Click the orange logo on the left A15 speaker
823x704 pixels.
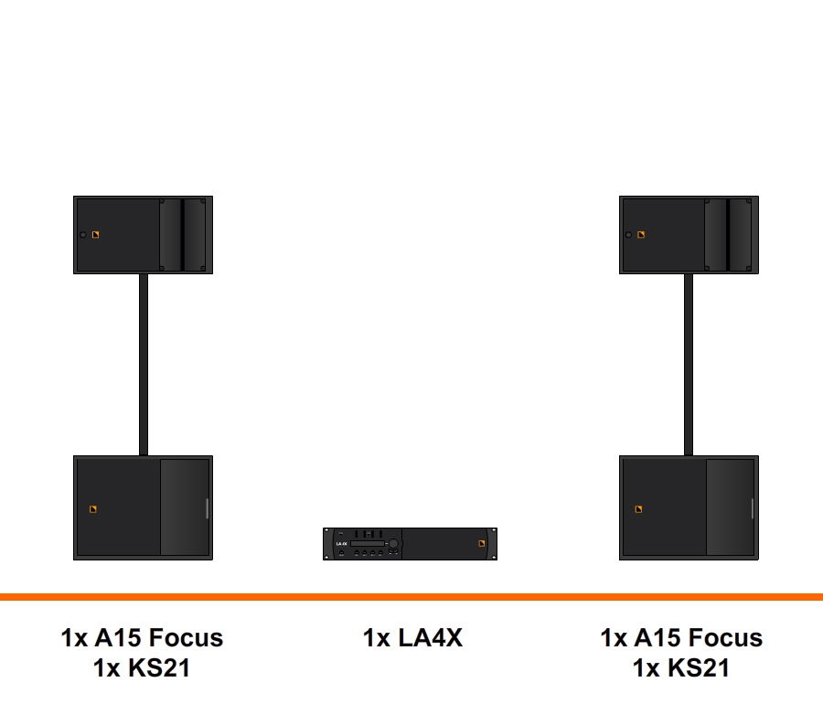[x=95, y=234]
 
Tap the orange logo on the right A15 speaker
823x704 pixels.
[x=641, y=234]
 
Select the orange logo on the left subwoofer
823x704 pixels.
[x=93, y=509]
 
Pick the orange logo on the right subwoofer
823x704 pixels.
[x=639, y=509]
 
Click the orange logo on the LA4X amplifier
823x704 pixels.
[x=482, y=543]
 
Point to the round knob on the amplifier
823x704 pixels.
[x=393, y=543]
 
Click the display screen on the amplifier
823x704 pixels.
[x=368, y=543]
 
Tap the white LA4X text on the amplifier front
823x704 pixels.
[x=341, y=543]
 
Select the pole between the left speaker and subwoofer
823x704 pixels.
[x=144, y=365]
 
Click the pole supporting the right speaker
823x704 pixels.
[x=689, y=365]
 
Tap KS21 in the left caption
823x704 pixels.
[x=159, y=668]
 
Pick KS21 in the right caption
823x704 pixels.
[x=699, y=668]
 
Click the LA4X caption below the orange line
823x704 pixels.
[x=412, y=638]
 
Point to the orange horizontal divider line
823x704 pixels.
[x=411, y=597]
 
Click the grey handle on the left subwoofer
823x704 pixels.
[x=208, y=508]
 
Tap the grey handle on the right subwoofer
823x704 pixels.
[x=753, y=508]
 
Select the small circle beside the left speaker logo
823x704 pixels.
[x=83, y=234]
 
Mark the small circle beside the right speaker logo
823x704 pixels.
[x=628, y=234]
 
